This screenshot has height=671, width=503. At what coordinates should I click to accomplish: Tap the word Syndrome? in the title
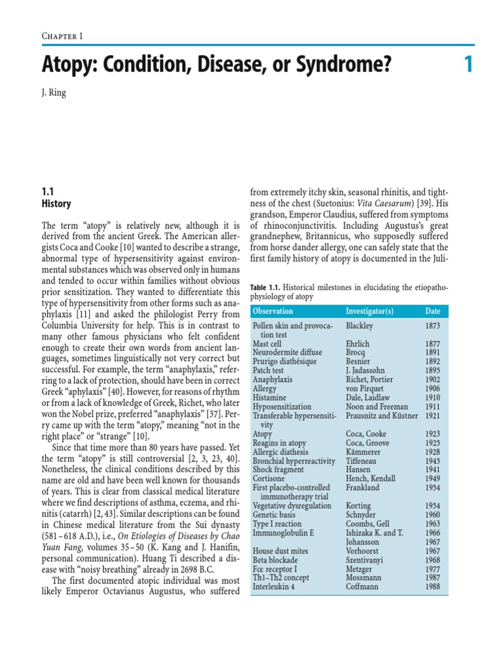(x=338, y=66)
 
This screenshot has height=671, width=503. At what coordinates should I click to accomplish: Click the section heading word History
(x=56, y=204)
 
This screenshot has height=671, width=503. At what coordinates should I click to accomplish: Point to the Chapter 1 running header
(x=62, y=36)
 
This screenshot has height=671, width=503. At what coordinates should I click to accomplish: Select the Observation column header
(x=273, y=311)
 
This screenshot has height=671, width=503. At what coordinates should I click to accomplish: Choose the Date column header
(x=433, y=311)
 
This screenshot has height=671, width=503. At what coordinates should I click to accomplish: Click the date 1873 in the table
(x=433, y=326)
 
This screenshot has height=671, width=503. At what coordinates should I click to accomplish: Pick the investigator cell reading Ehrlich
(x=358, y=343)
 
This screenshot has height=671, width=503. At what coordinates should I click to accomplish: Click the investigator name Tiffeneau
(x=363, y=461)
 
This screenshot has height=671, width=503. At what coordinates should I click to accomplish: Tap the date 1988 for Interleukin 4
(x=433, y=587)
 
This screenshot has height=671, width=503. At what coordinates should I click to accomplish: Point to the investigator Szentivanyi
(x=368, y=560)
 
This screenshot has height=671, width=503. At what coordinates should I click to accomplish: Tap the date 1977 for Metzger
(x=433, y=569)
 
